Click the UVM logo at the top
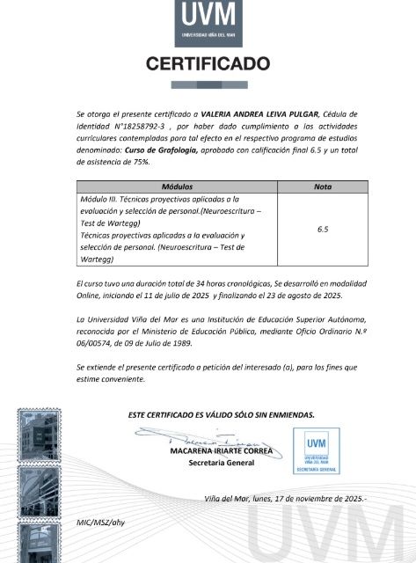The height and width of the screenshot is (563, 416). (x=208, y=23)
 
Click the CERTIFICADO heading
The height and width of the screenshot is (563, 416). (x=208, y=64)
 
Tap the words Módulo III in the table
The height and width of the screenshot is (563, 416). (x=99, y=201)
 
